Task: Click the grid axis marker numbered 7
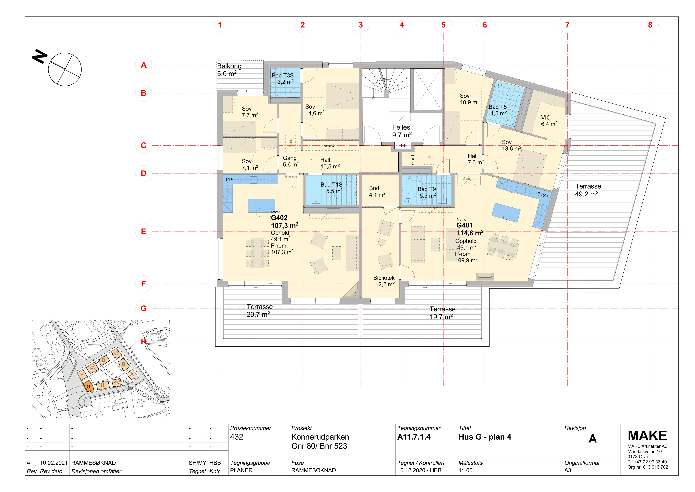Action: click(567, 25)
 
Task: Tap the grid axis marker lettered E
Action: click(143, 231)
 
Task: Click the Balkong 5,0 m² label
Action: click(229, 70)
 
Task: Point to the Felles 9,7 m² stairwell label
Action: click(402, 131)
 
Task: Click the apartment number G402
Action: click(279, 218)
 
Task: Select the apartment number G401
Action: click(465, 225)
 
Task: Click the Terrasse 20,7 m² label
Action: click(259, 311)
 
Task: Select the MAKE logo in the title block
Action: click(648, 436)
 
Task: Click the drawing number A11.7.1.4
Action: click(414, 437)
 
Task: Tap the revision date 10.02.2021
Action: click(54, 463)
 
